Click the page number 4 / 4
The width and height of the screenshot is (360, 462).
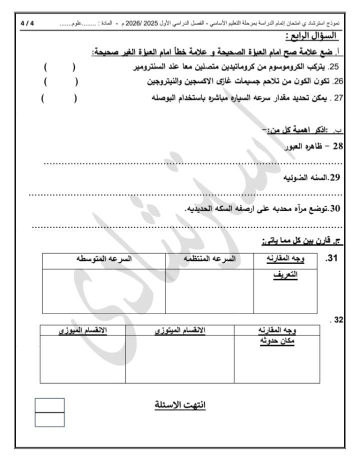point(28,23)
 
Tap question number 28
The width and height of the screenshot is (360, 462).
point(337,146)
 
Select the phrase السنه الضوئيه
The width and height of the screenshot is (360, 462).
point(305,178)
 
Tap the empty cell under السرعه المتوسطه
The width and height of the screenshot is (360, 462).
point(104,291)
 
